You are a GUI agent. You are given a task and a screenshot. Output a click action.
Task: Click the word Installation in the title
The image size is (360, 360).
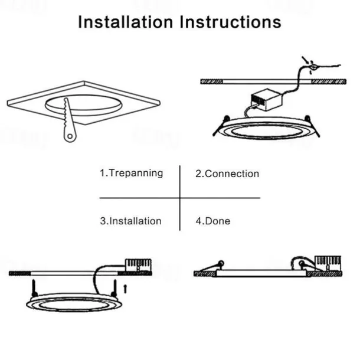click(x=126, y=22)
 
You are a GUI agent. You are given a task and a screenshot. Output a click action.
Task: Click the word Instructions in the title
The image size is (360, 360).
click(x=230, y=22)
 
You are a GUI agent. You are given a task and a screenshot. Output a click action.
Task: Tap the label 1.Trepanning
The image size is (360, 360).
click(x=132, y=173)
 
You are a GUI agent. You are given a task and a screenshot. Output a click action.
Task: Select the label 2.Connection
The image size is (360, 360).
click(x=227, y=174)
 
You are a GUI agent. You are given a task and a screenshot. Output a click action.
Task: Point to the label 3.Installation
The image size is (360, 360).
click(x=130, y=221)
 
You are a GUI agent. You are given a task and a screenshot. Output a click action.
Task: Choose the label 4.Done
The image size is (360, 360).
click(x=213, y=221)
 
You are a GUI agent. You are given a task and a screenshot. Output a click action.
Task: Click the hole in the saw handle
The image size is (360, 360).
click(x=70, y=136)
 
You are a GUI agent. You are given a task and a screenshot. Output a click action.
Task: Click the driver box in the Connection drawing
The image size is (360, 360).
click(x=266, y=99)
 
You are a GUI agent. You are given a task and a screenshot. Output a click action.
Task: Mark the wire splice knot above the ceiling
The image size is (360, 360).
click(x=313, y=67)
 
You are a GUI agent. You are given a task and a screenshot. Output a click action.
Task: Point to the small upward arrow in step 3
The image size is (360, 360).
click(x=125, y=289)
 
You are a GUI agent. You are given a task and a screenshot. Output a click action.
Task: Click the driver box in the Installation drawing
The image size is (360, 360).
click(x=138, y=265)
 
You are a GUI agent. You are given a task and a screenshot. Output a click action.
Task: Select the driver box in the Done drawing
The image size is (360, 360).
click(x=328, y=263)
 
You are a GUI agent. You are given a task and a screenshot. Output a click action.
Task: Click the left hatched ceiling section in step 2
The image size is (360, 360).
click(x=211, y=81)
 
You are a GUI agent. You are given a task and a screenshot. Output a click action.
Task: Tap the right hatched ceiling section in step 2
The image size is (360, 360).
click(x=329, y=81)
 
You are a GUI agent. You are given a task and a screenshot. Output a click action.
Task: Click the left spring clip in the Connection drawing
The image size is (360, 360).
click(x=220, y=126)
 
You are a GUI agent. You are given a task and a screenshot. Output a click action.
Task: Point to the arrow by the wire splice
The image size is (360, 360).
click(x=305, y=60)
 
